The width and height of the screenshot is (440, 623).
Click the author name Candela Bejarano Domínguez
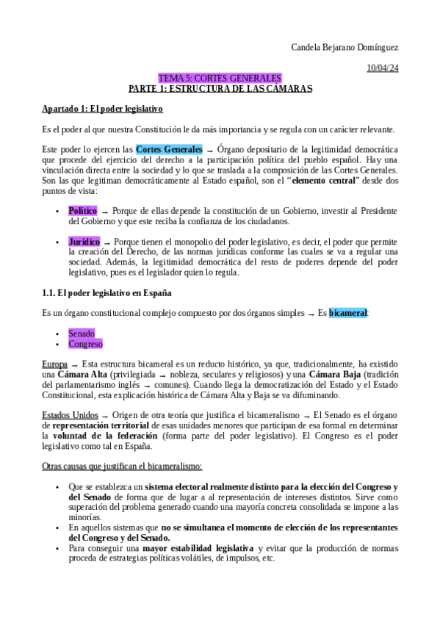(345, 48)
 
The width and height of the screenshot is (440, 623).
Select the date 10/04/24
(383, 68)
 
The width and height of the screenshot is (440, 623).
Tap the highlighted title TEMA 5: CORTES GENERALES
(220, 78)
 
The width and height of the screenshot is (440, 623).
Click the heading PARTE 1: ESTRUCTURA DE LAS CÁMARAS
(220, 88)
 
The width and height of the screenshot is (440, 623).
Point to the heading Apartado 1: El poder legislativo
(102, 109)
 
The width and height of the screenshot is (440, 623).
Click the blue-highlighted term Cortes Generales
(169, 149)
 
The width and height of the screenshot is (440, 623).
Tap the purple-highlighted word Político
(82, 211)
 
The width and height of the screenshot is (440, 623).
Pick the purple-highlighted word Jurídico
(84, 242)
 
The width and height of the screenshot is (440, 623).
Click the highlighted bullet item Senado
(82, 334)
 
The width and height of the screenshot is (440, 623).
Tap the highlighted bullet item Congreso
(85, 344)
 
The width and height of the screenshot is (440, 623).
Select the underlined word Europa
(55, 364)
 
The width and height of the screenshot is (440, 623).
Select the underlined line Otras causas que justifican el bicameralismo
(122, 467)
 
